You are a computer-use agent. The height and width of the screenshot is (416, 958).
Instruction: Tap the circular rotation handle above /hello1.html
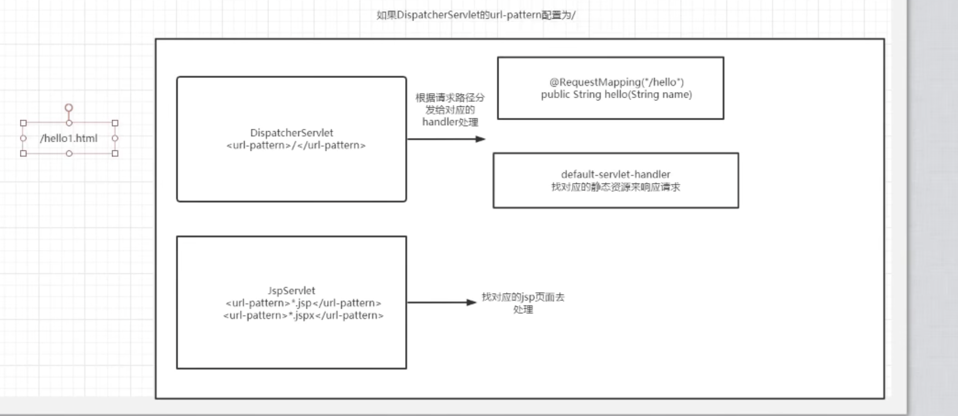(69, 108)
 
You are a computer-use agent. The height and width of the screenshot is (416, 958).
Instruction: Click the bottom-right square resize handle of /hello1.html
(115, 153)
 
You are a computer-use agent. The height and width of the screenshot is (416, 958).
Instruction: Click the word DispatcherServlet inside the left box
(292, 133)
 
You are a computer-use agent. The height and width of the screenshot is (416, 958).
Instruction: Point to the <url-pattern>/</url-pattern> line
(296, 145)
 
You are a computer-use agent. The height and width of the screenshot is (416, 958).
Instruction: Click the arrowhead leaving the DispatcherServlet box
(481, 139)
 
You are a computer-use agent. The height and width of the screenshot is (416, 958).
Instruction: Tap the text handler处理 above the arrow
(450, 122)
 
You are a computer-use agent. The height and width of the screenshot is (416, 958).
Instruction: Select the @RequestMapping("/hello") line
(616, 82)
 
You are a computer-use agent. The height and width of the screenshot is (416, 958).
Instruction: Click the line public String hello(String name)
(616, 95)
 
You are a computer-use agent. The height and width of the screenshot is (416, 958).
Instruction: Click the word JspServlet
(291, 291)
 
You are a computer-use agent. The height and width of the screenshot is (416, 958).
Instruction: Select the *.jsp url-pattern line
(303, 303)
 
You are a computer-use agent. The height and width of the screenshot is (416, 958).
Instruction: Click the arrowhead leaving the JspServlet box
(472, 303)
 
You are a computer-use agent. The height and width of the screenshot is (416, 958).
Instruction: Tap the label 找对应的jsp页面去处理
(523, 303)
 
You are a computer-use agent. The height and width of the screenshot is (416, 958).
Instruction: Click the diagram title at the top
(476, 15)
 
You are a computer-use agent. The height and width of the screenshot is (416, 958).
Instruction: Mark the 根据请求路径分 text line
(450, 98)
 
